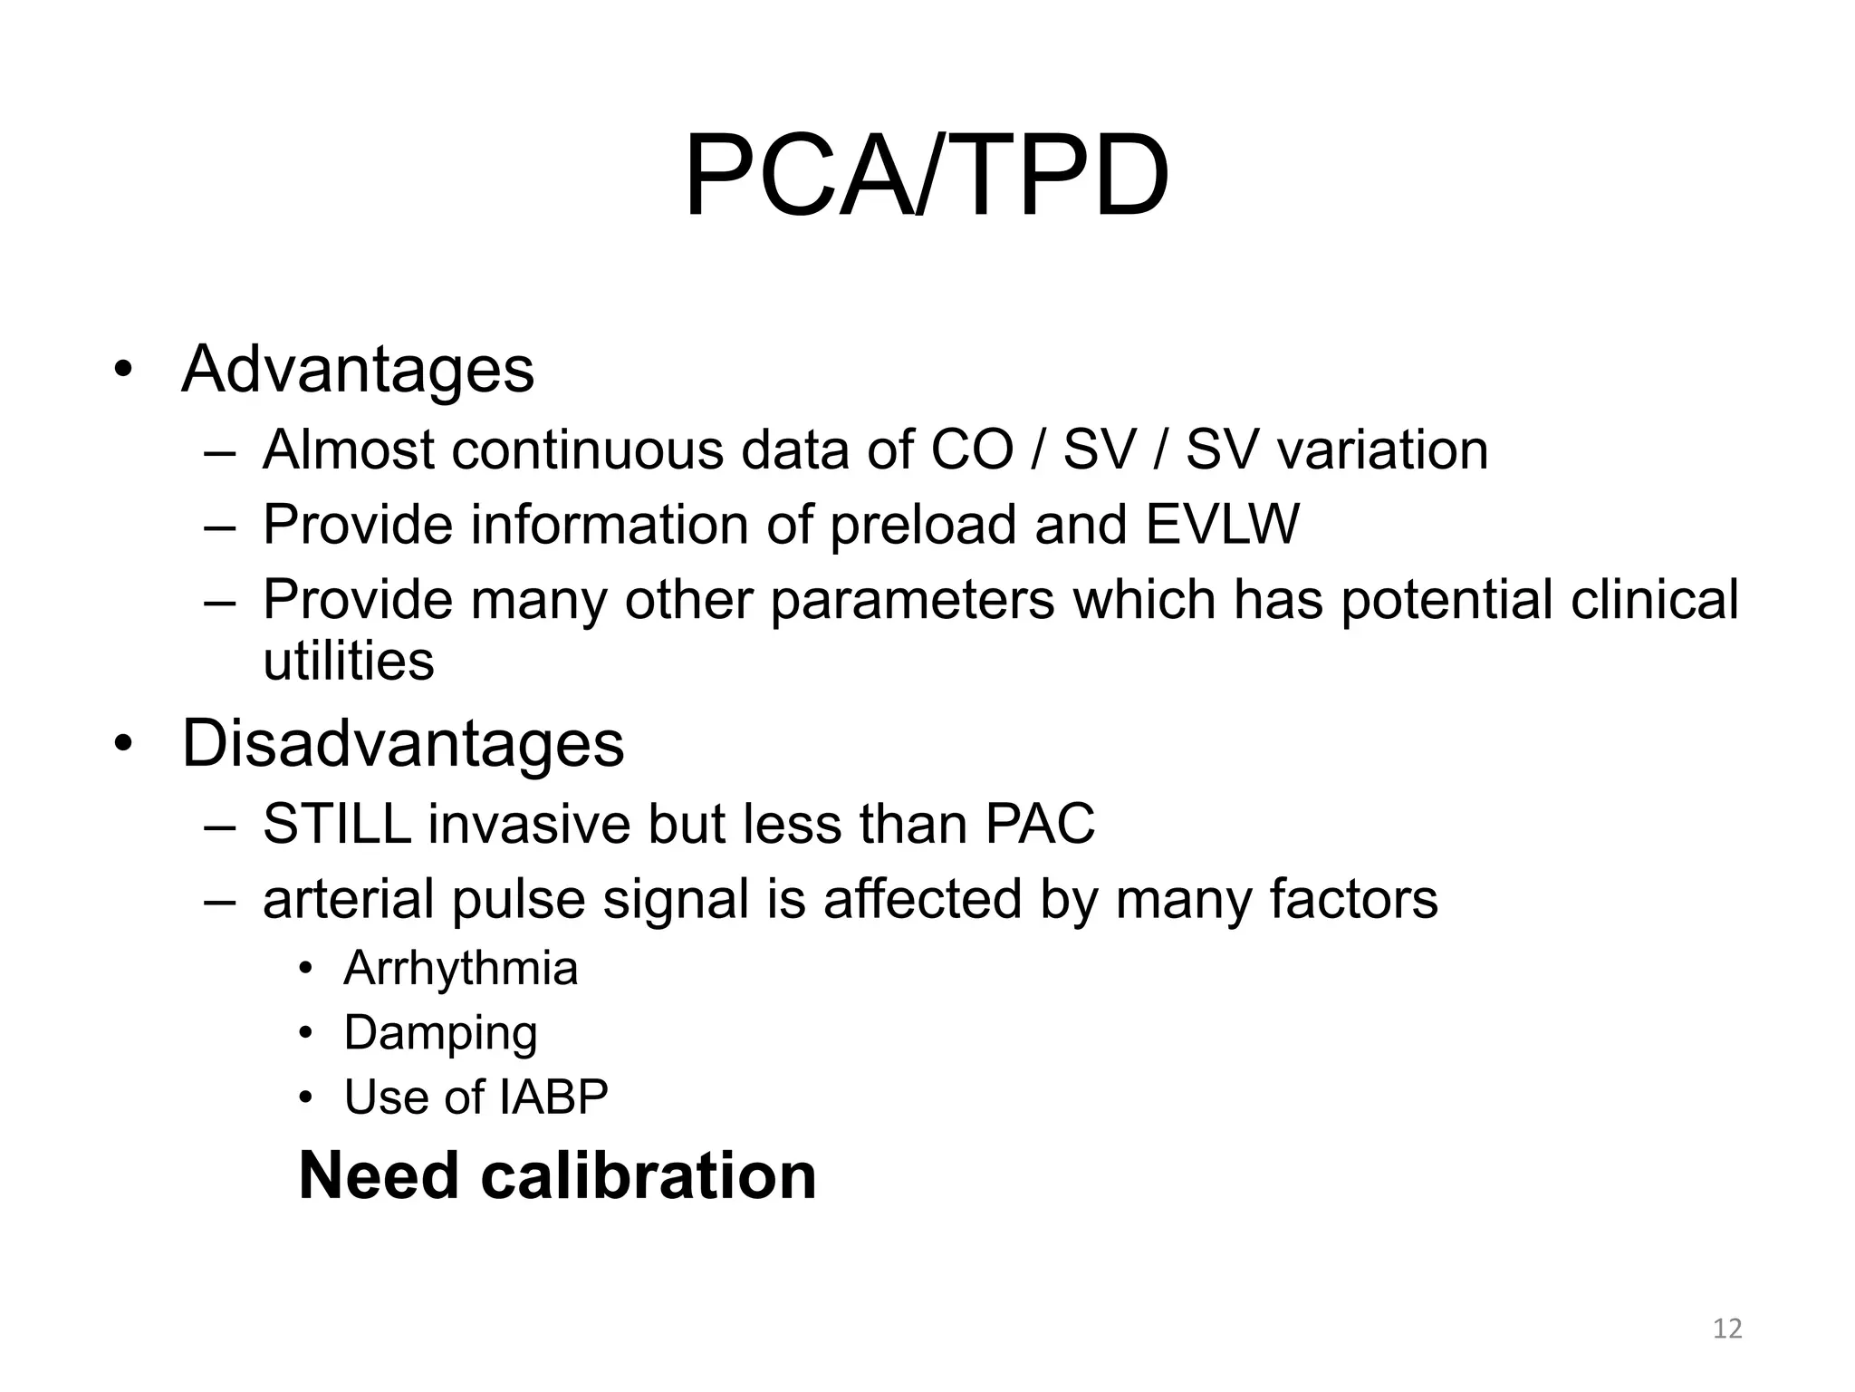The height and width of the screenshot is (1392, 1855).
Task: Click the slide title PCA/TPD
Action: [x=926, y=176]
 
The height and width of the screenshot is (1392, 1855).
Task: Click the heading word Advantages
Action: [x=358, y=370]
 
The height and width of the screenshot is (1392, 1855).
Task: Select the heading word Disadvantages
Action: [x=402, y=744]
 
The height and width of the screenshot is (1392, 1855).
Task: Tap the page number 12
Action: [x=1727, y=1329]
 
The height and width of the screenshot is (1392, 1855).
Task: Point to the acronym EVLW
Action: [x=1222, y=525]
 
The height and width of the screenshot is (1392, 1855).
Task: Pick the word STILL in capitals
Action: [x=337, y=824]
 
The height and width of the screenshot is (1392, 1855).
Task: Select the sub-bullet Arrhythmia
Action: [x=460, y=968]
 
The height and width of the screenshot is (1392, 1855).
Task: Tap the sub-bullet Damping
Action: [x=440, y=1033]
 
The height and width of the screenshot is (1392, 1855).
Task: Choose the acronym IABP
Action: [x=553, y=1097]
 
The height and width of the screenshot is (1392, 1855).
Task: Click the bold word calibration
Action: [x=648, y=1175]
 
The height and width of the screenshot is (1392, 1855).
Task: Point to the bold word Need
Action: [x=379, y=1175]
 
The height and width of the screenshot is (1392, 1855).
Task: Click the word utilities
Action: [x=348, y=660]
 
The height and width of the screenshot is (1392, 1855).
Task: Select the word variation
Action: [x=1382, y=449]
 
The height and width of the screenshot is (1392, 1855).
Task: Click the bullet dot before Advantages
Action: [x=123, y=371]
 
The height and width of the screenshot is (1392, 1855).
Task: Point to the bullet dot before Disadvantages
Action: [x=123, y=745]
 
